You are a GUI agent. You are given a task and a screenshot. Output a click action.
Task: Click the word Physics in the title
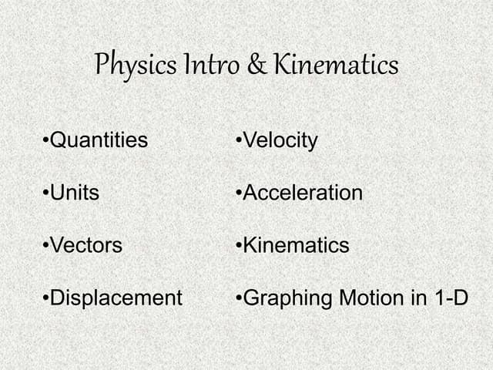pyautogui.click(x=134, y=65)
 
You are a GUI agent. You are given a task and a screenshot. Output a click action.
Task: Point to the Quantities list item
pyautogui.click(x=99, y=140)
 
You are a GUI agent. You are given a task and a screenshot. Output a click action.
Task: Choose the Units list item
pyautogui.click(x=75, y=193)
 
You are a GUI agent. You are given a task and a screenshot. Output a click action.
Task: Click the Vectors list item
pyautogui.click(x=86, y=246)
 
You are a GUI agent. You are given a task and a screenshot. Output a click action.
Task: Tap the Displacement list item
pyautogui.click(x=116, y=298)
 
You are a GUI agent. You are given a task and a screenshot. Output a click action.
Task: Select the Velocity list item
pyautogui.click(x=280, y=140)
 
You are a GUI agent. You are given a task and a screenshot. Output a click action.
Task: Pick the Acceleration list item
pyautogui.click(x=302, y=193)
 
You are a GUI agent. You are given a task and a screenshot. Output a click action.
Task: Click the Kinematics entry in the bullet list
pyautogui.click(x=296, y=246)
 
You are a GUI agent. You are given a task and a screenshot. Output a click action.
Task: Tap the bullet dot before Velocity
pyautogui.click(x=240, y=141)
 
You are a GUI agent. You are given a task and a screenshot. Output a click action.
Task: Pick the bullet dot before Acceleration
pyautogui.click(x=240, y=193)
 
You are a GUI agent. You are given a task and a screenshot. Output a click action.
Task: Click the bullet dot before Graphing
pyautogui.click(x=240, y=298)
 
